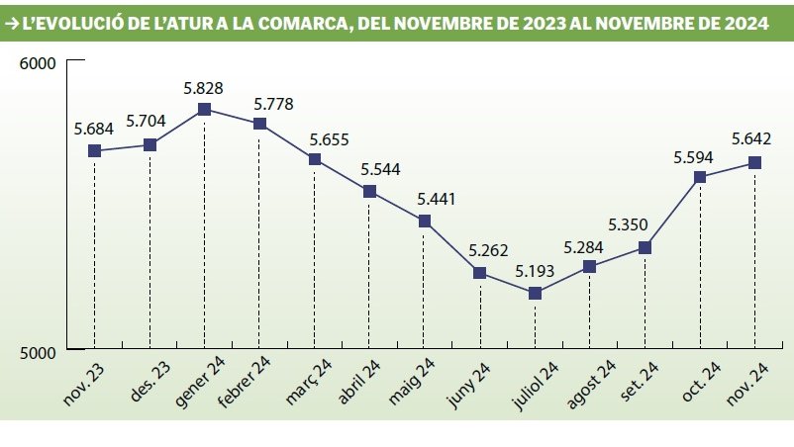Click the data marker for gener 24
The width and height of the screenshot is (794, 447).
coord(204,109)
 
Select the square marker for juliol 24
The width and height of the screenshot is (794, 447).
coord(535,293)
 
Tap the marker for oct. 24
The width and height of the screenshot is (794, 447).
coord(700,177)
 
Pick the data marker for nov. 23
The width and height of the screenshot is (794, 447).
coord(94,150)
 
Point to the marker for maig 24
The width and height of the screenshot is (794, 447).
coord(424,222)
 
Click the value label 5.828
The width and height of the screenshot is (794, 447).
coord(203,87)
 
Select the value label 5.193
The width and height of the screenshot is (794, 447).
coord(535,271)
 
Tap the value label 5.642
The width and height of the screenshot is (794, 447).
coord(753,139)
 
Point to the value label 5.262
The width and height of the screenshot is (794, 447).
coord(480,250)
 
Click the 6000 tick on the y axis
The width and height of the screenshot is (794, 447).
coord(39,63)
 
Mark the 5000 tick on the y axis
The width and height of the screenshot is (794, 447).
coord(39,350)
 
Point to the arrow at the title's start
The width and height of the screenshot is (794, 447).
coord(12,24)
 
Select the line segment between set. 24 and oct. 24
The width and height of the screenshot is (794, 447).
coord(672,213)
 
